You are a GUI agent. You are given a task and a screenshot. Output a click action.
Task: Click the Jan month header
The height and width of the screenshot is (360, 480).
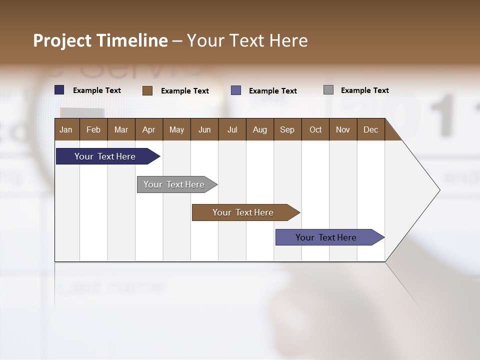(66, 129)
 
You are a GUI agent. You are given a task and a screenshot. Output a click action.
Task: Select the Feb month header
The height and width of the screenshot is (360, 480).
(93, 129)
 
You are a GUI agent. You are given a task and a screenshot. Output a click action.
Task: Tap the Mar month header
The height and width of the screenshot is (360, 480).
(121, 129)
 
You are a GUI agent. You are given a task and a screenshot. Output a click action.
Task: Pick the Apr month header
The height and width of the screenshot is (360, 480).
(149, 129)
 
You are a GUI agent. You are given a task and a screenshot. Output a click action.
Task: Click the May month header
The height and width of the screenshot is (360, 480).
(176, 129)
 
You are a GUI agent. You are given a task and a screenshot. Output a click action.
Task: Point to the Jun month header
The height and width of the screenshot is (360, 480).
(204, 129)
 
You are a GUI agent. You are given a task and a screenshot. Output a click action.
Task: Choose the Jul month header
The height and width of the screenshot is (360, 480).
(232, 129)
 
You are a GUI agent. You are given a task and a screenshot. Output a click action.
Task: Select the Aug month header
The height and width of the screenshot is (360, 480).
(260, 129)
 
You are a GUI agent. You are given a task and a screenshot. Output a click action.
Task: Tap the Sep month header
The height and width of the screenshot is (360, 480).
(287, 129)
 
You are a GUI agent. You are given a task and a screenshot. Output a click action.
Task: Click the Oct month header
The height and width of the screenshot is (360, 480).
(315, 129)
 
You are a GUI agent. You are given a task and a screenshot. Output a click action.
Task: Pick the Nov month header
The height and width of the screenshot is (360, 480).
(343, 129)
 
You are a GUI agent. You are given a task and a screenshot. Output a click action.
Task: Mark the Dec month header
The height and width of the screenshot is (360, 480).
(371, 129)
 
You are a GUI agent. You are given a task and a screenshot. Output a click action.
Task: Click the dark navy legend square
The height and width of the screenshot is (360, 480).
(59, 90)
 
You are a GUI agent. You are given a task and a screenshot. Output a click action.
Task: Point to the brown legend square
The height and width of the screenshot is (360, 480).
(147, 90)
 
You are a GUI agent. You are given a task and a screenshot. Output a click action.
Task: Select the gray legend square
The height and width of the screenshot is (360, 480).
(328, 90)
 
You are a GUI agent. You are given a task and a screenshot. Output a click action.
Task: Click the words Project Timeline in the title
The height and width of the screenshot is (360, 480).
(100, 40)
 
